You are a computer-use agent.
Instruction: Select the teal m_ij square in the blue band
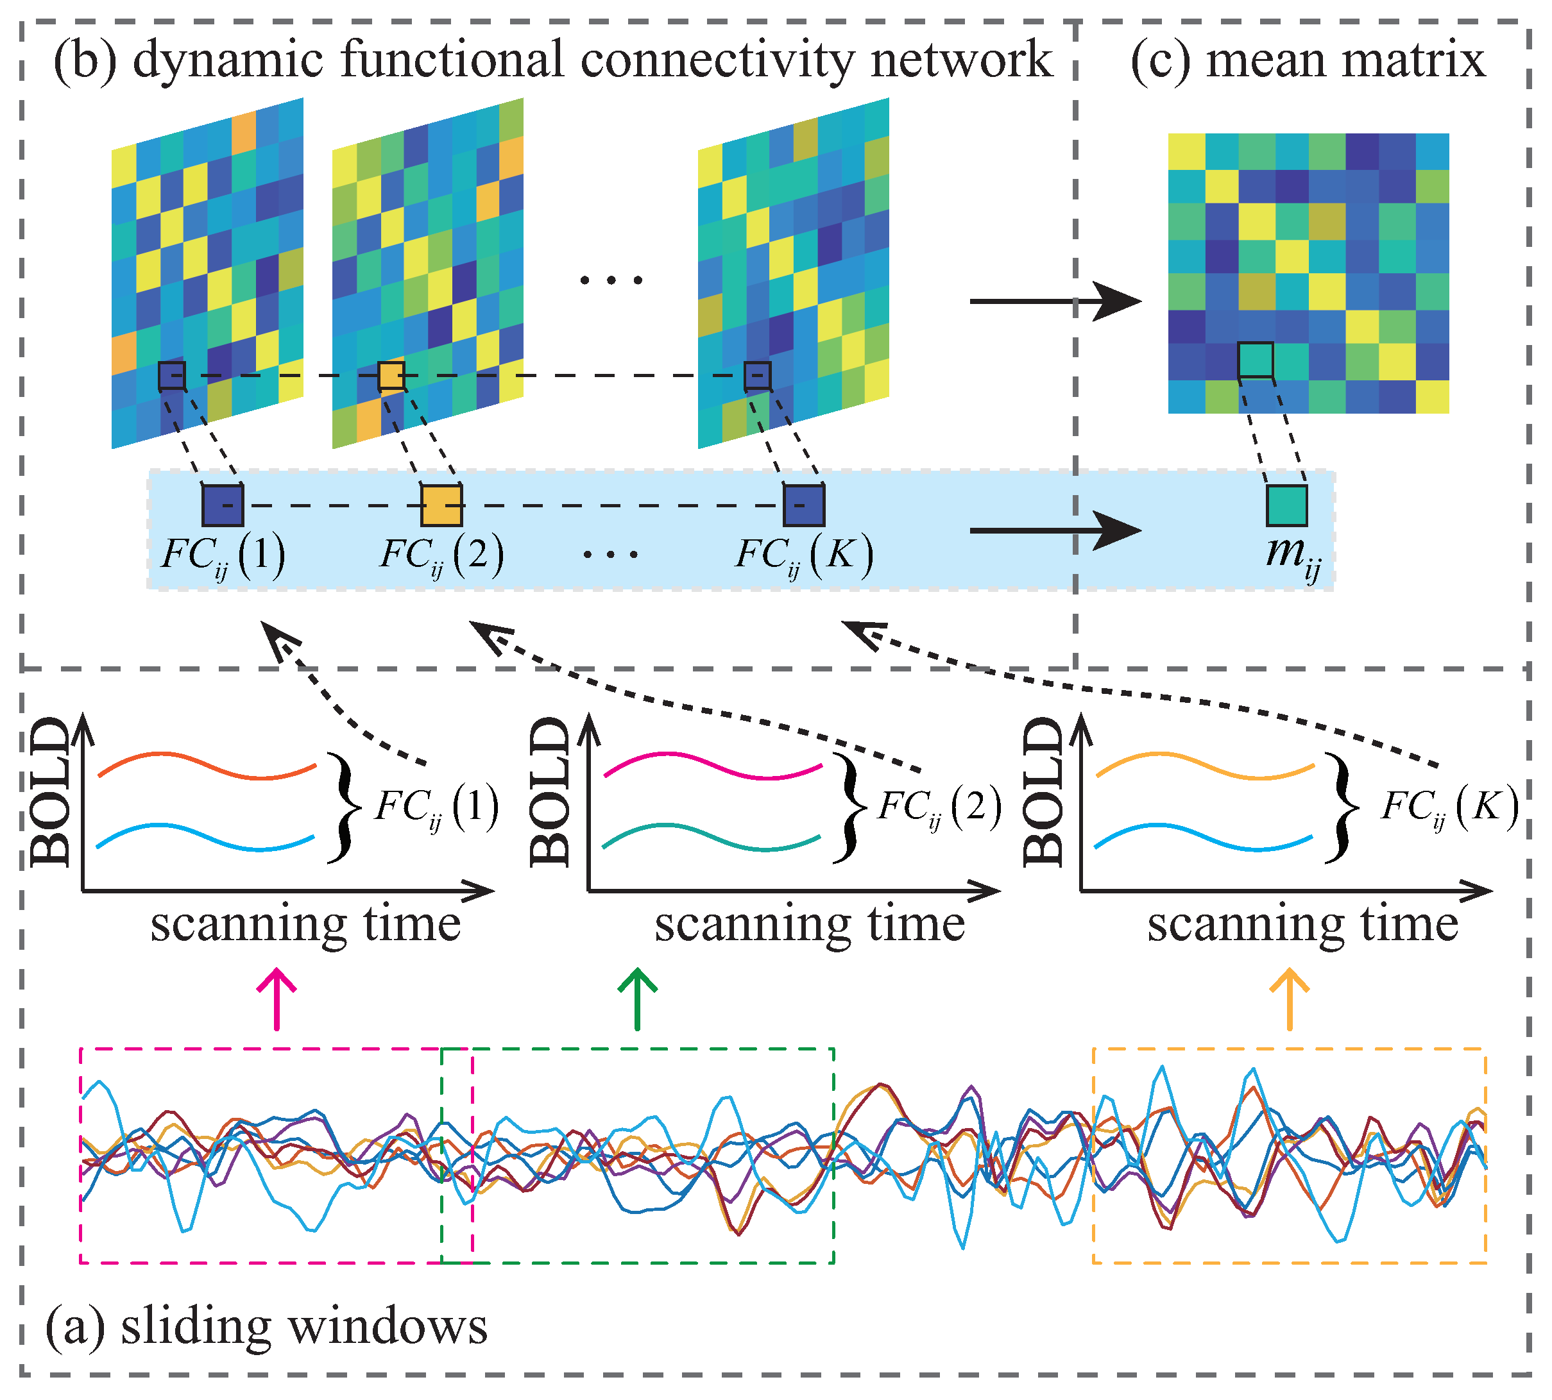1286,505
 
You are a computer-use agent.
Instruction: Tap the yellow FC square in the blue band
441,505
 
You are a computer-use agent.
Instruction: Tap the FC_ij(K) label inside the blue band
804,554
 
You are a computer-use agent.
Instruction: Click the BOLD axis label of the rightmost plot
1044,792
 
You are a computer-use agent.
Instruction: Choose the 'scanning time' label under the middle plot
810,925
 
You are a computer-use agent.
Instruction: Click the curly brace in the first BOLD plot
343,806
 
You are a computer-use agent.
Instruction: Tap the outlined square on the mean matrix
1255,360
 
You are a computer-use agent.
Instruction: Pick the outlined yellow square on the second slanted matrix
391,376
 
